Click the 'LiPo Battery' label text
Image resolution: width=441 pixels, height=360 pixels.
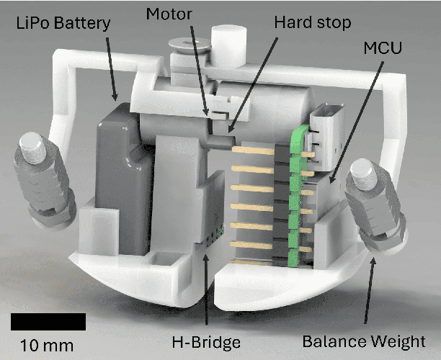tap(63, 23)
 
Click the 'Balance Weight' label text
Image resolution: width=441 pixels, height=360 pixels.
tap(370, 341)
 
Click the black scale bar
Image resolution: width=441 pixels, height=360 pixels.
tap(48, 321)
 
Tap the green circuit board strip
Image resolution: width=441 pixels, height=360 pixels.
tap(295, 194)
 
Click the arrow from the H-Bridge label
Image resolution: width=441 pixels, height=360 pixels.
tap(206, 288)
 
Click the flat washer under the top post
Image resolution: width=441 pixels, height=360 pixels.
tap(190, 46)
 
